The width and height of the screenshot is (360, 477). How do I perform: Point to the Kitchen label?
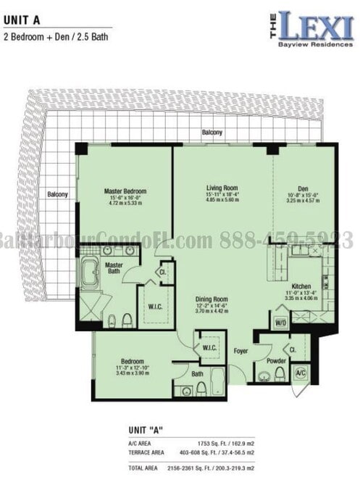(301, 286)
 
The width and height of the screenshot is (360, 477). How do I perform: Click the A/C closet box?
(301, 373)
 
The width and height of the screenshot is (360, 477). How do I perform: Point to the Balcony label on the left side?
(57, 194)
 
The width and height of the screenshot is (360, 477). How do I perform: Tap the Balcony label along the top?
(212, 133)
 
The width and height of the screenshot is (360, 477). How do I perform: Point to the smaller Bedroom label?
(133, 361)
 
